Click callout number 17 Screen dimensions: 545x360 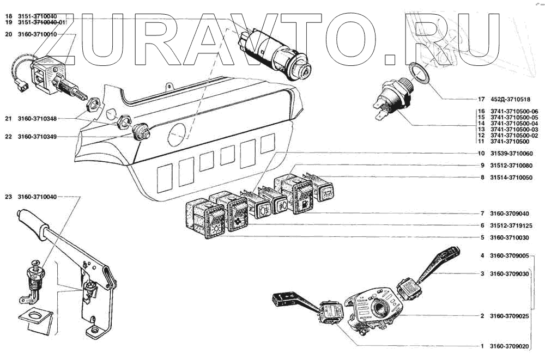click(481, 100)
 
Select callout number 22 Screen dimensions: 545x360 click(8, 136)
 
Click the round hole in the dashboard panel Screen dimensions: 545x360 click(178, 134)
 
